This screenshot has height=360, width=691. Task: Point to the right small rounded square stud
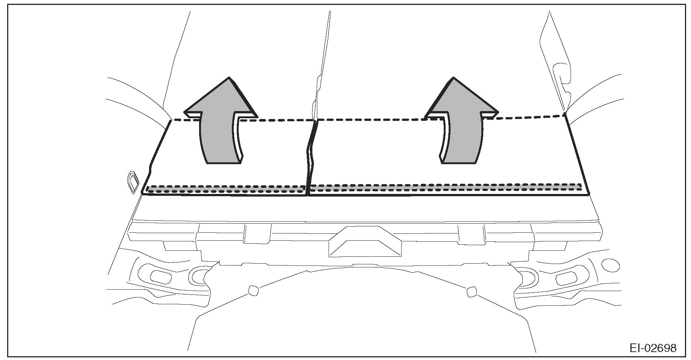(471, 291)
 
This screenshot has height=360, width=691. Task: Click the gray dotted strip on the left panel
(226, 189)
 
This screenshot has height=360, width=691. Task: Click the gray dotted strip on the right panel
(444, 187)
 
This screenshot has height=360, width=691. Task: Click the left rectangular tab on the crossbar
(257, 233)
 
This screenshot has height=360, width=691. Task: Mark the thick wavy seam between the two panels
(311, 158)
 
